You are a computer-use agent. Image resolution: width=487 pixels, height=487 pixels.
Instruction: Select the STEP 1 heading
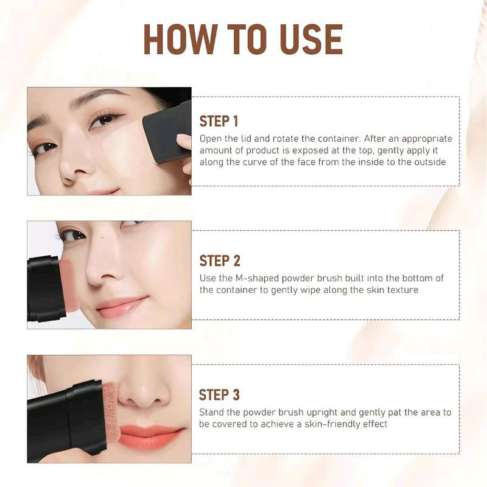(219, 121)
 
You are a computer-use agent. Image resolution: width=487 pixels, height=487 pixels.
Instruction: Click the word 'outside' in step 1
(429, 161)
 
